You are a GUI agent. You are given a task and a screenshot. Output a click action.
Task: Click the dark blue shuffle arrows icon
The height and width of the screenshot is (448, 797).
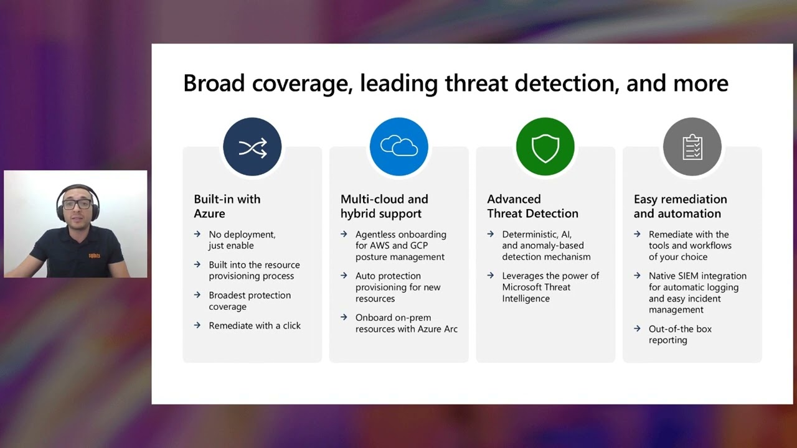(x=252, y=147)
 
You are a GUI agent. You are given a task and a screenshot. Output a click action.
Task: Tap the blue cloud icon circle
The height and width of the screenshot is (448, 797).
(x=398, y=147)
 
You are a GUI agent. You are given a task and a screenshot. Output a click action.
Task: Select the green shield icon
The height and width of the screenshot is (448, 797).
(x=545, y=147)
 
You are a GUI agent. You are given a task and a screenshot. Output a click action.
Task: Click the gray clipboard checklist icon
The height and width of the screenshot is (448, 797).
(x=692, y=147)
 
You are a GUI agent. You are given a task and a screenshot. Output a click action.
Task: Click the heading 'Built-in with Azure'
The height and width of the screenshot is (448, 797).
(x=227, y=206)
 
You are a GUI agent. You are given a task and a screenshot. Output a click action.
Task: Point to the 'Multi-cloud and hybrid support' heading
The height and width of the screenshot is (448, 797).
(x=384, y=206)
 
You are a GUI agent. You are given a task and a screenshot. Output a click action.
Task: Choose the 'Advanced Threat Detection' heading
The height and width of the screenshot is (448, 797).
(x=532, y=206)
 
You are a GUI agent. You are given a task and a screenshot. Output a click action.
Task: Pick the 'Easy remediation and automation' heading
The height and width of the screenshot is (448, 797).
(x=680, y=206)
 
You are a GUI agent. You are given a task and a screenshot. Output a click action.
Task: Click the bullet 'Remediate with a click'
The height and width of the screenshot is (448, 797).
(x=255, y=325)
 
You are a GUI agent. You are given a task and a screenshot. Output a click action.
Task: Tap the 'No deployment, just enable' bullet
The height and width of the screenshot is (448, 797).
(x=242, y=240)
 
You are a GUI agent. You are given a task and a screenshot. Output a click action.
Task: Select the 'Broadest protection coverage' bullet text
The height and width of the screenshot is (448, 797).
(x=249, y=301)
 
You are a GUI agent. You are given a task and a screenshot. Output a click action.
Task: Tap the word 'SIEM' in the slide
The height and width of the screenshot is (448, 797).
(x=689, y=276)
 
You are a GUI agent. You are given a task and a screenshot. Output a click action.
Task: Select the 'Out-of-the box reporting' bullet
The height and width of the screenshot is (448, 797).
(x=679, y=334)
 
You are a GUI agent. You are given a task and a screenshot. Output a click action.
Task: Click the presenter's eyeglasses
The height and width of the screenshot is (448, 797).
(x=77, y=204)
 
